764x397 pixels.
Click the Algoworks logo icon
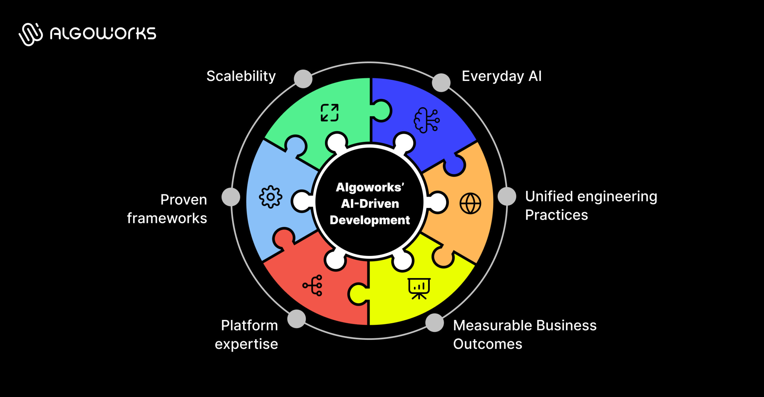click(30, 34)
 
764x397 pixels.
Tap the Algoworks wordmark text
click(103, 33)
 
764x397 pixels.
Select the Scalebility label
click(241, 76)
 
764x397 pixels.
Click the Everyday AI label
click(501, 76)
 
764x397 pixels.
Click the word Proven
click(184, 200)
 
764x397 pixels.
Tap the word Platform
click(249, 325)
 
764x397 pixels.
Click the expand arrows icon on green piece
click(329, 113)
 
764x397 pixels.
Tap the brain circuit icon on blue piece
click(426, 120)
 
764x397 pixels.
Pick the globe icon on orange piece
click(470, 203)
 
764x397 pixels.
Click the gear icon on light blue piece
click(270, 197)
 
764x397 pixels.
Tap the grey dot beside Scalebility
click(303, 79)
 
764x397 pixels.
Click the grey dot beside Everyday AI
click(441, 83)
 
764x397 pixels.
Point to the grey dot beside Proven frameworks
click(231, 197)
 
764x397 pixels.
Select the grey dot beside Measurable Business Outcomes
click(435, 323)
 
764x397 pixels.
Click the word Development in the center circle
click(369, 220)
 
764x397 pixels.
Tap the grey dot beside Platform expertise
click(296, 319)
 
